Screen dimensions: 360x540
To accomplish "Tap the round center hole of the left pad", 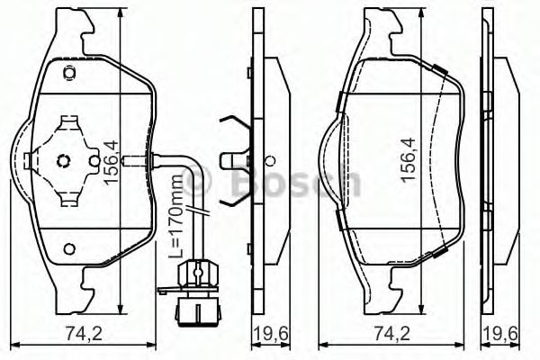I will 64,162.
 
